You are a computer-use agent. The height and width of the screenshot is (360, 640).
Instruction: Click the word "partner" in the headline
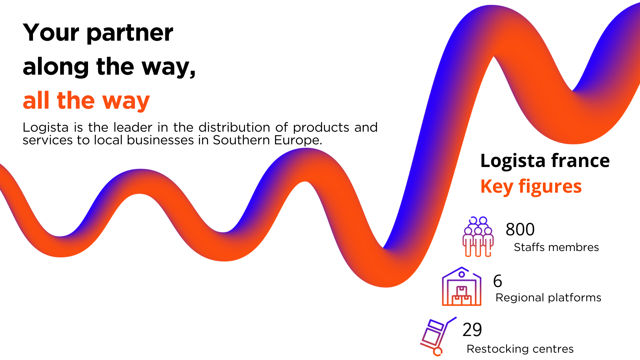(x=130, y=33)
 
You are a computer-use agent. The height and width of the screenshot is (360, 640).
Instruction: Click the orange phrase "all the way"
(x=86, y=101)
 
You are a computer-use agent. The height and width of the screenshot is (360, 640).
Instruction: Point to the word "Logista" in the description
(x=46, y=128)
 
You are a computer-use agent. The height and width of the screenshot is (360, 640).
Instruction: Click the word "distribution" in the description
(x=234, y=127)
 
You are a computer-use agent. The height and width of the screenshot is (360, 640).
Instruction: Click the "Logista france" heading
(x=545, y=161)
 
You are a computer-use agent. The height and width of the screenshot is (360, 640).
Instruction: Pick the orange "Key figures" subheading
(x=531, y=187)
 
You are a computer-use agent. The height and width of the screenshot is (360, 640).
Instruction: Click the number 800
(x=520, y=229)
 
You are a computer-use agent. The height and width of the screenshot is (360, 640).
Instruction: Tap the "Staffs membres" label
(x=556, y=247)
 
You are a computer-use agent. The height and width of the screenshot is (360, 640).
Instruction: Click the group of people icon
(x=478, y=237)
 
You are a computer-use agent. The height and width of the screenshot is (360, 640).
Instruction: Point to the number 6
(x=498, y=281)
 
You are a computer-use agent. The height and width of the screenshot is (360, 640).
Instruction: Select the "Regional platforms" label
(x=548, y=298)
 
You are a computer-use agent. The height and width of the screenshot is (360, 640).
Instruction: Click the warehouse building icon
(x=462, y=286)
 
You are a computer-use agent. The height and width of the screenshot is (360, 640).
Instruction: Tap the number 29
(x=472, y=330)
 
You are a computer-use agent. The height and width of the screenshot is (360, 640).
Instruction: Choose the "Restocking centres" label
(x=520, y=349)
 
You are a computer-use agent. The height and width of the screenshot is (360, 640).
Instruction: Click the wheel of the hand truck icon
(x=438, y=352)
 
